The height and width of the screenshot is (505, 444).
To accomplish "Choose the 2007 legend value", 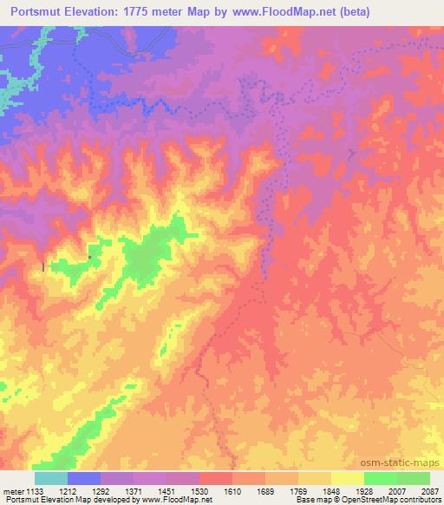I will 396,490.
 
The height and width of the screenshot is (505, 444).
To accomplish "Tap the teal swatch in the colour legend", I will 51,478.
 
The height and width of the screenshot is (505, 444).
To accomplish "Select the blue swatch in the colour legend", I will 84,478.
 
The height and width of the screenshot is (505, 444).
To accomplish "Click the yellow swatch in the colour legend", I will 348,478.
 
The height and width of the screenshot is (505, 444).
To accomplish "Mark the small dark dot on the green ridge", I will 89,256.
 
